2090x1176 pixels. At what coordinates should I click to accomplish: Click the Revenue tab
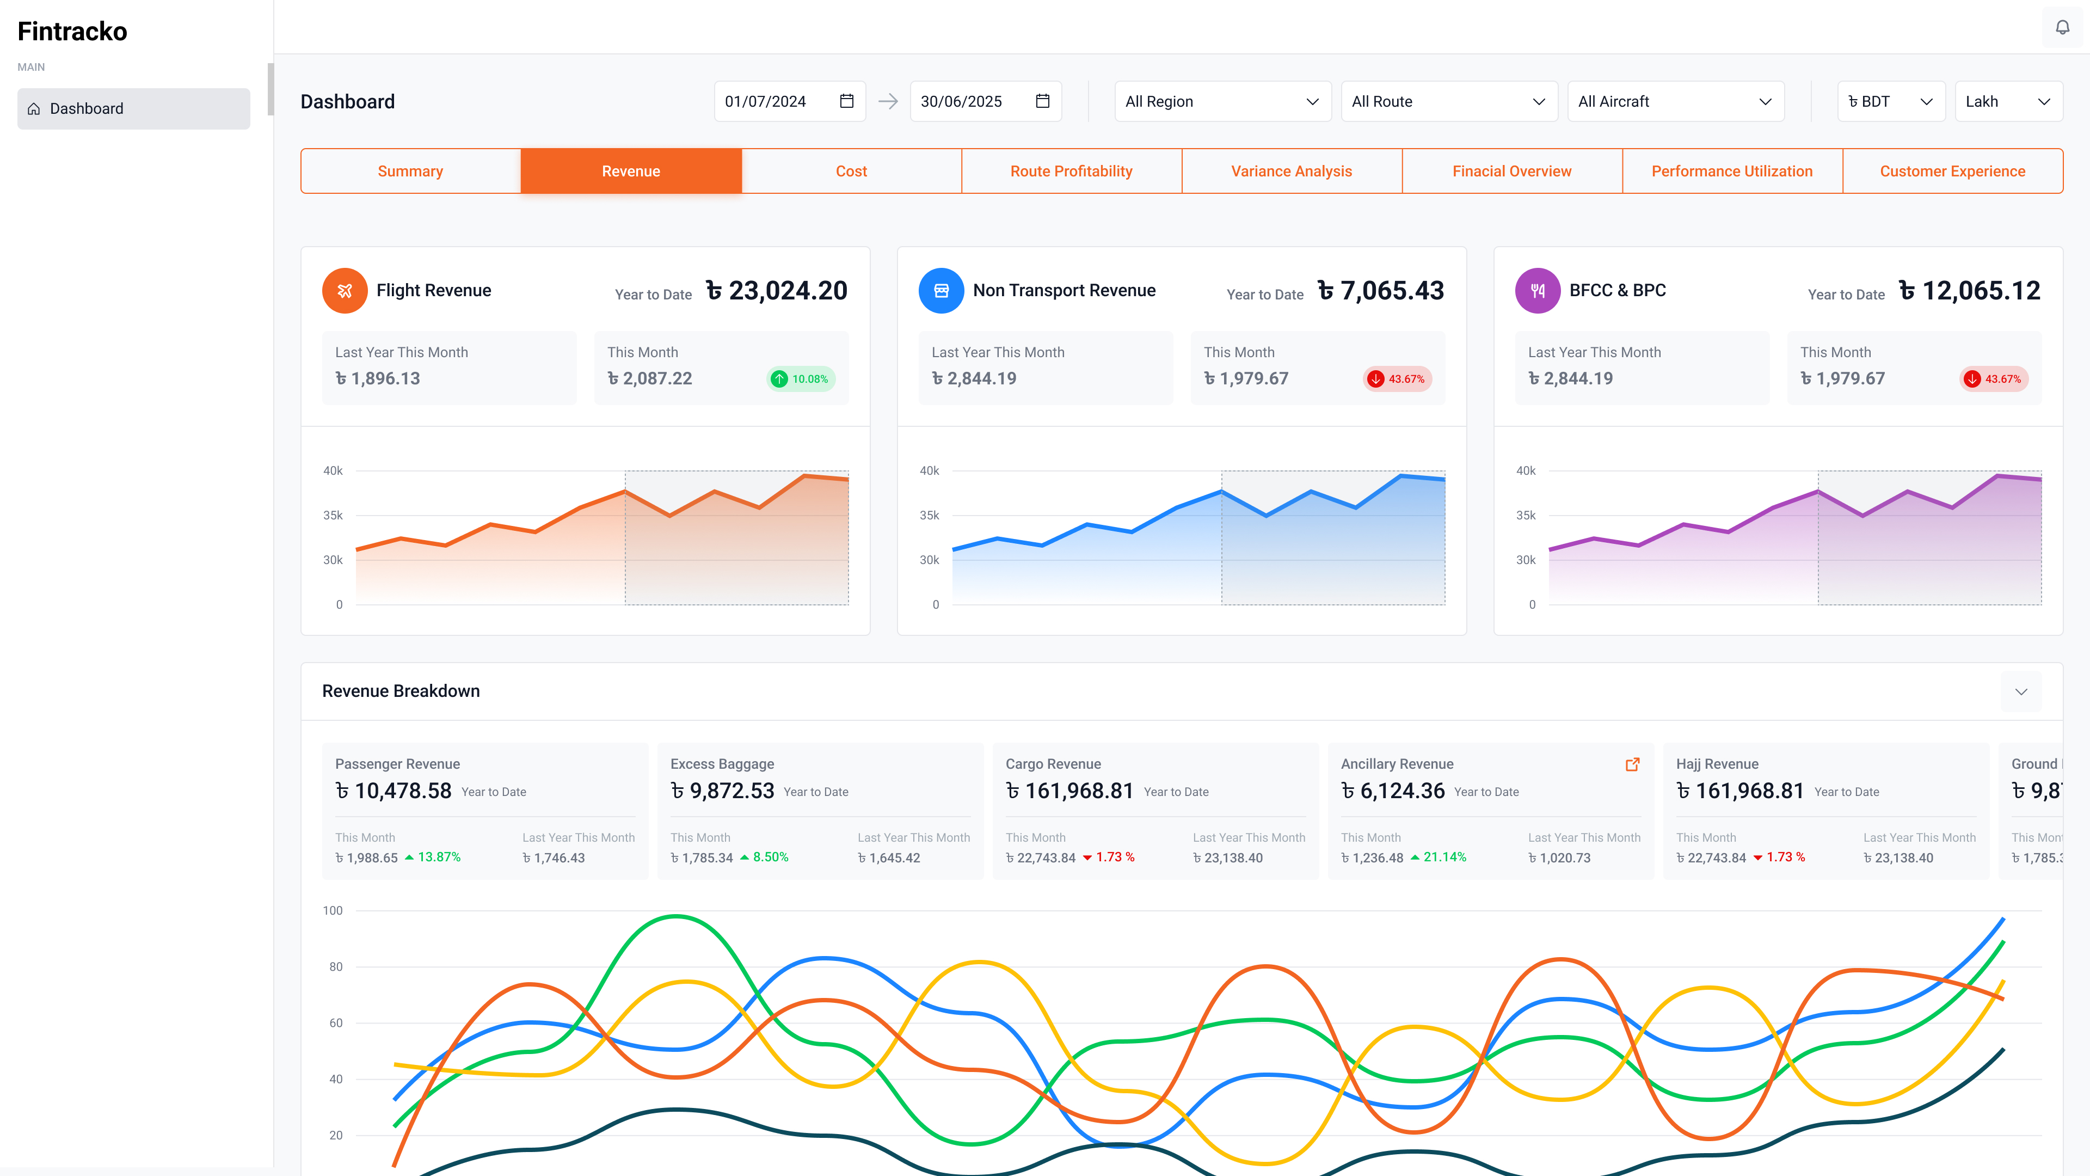tap(630, 171)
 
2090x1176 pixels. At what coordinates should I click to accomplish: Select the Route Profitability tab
tap(1071, 171)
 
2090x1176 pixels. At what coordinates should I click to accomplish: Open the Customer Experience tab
tap(1952, 171)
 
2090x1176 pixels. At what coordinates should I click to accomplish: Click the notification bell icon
tap(2062, 28)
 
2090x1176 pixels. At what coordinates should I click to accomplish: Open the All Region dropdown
tap(1222, 101)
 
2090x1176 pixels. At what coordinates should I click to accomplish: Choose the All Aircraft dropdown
tap(1675, 101)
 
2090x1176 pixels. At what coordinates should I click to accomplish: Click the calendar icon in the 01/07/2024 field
tap(846, 101)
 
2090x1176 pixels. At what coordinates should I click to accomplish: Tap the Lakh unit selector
tap(2008, 101)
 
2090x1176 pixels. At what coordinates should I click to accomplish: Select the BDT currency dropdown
tap(1890, 101)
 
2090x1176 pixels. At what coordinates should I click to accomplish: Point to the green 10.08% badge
tap(801, 379)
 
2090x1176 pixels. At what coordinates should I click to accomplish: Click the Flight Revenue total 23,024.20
tap(777, 291)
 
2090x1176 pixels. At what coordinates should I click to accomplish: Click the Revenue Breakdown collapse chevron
tap(2021, 691)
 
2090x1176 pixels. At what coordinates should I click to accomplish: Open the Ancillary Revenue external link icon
tap(1632, 764)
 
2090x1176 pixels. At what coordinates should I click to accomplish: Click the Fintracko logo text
tap(72, 32)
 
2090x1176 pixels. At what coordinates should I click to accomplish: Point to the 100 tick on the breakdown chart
tap(333, 911)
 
